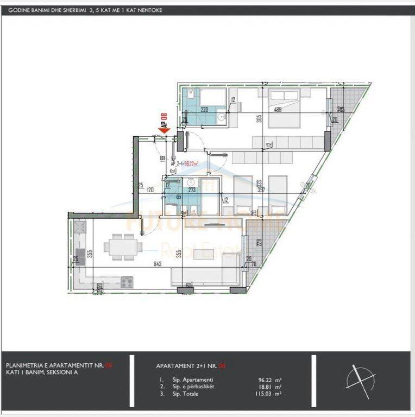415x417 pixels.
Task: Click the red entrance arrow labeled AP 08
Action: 164,129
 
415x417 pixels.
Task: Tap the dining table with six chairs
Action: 123,247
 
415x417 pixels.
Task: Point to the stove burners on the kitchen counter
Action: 127,281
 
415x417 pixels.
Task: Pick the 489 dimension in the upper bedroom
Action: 277,110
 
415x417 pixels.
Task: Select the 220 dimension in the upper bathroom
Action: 205,110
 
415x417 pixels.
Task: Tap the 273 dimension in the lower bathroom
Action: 192,191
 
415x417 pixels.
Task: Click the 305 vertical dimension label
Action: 259,118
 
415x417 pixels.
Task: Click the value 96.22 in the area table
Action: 265,380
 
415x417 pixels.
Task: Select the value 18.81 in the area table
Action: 265,387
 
